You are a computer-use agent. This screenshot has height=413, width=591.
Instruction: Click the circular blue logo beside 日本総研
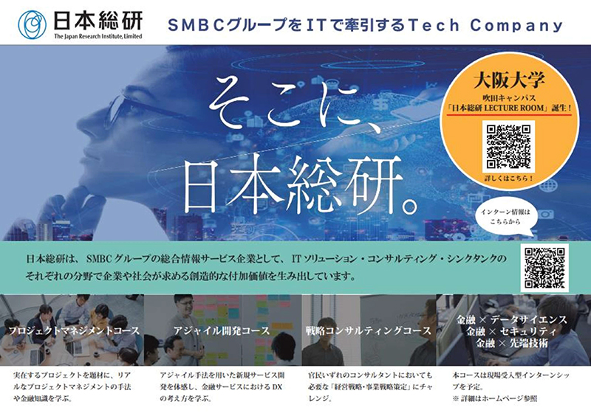32,25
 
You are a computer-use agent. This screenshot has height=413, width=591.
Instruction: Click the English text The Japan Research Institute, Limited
98,36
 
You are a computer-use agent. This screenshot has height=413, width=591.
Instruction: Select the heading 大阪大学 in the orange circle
509,80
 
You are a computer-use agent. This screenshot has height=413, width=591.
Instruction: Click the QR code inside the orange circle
509,147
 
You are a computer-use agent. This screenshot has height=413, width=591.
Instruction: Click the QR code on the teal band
544,268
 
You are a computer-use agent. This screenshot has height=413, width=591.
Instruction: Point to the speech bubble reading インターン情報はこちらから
505,219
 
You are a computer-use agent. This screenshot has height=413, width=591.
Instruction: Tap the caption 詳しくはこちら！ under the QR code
509,178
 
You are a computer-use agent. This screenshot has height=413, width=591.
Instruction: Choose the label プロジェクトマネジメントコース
74,330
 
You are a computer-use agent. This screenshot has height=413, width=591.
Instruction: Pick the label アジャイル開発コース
222,330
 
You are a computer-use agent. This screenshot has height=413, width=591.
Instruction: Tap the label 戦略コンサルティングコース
368,330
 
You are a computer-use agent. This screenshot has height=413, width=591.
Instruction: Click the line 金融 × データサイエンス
511,320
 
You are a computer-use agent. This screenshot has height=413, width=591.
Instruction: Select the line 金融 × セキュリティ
511,331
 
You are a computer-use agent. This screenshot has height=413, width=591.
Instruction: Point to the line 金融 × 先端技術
511,343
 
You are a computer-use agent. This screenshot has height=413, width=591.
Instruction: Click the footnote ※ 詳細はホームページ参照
495,398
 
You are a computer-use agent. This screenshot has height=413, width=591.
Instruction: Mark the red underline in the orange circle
508,114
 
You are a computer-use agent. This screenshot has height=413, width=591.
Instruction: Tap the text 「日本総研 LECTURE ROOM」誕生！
508,108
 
